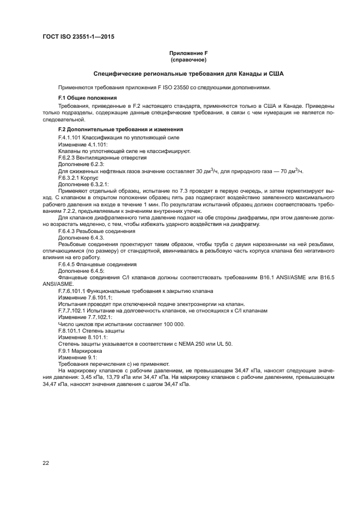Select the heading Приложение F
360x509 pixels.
(x=188, y=53)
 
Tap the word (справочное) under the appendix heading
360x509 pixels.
(x=188, y=59)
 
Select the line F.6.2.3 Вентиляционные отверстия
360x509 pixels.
(x=102, y=157)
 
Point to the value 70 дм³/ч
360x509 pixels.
(x=291, y=171)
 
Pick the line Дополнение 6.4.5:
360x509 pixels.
(x=81, y=271)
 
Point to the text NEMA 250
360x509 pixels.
(x=197, y=344)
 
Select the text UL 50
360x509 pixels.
(x=224, y=344)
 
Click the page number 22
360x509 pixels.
(x=45, y=463)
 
